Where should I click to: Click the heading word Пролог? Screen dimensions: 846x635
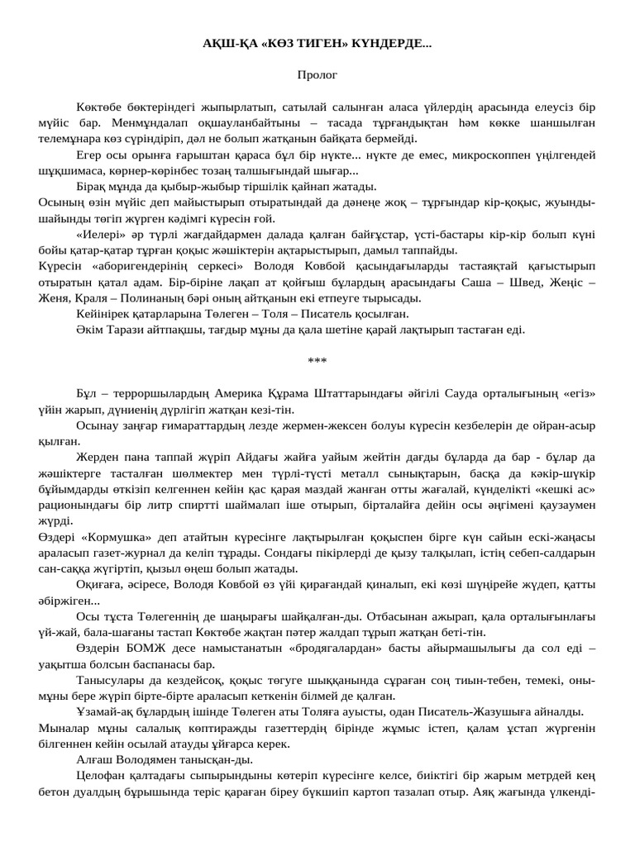[x=317, y=74]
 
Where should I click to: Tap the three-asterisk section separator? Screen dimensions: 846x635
[x=317, y=360]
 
